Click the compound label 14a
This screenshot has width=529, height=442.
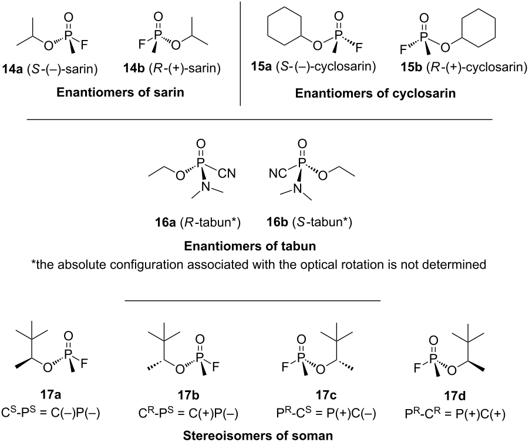coord(12,69)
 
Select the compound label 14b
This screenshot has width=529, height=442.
coord(134,69)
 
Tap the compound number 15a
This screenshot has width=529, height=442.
coord(261,66)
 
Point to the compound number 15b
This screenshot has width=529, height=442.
coord(411,67)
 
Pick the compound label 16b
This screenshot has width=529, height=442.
coord(277,223)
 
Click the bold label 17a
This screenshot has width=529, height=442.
coord(50,395)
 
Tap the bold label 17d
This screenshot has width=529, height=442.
coord(455,396)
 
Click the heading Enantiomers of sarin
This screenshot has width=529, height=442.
coord(120,92)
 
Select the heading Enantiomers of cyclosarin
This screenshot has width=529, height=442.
coord(375,93)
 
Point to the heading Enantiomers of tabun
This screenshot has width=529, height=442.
coord(250,246)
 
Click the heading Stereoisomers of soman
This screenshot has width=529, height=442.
coord(258,436)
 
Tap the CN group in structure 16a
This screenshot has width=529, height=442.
coord(227,173)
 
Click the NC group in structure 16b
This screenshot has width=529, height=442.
coord(278,173)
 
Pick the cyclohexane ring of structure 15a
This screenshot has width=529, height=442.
coord(284,29)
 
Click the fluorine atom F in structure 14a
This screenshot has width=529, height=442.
coord(84,45)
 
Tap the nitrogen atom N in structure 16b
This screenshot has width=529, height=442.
coord(297,189)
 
